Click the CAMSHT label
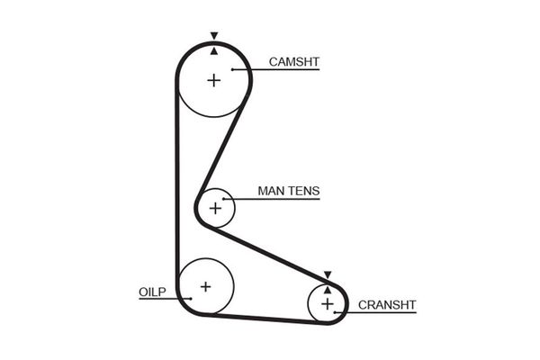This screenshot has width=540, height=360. pyautogui.click(x=294, y=62)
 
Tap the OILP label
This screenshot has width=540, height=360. pyautogui.click(x=151, y=292)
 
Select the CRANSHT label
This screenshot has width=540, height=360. pyautogui.click(x=387, y=305)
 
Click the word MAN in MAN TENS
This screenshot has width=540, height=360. pyautogui.click(x=271, y=191)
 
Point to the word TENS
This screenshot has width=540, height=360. pyautogui.click(x=303, y=191)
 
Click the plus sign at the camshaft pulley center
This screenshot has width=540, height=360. pyautogui.click(x=213, y=80)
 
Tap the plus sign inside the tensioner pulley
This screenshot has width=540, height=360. pyautogui.click(x=215, y=209)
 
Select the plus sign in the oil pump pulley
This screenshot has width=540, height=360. pyautogui.click(x=205, y=287)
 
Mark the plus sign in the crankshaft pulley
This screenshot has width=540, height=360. pyautogui.click(x=327, y=304)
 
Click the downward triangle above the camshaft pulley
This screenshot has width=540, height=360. pyautogui.click(x=213, y=37)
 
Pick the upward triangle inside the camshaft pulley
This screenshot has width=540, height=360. pyautogui.click(x=213, y=50)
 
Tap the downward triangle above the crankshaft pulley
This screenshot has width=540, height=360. pyautogui.click(x=328, y=274)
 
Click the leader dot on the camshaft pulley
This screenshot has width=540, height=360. pyautogui.click(x=232, y=69)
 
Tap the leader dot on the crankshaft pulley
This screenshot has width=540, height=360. pyautogui.click(x=335, y=312)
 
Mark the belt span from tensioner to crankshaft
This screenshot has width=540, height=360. pyautogui.click(x=270, y=252)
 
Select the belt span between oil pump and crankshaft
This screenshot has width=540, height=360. pyautogui.click(x=261, y=318)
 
